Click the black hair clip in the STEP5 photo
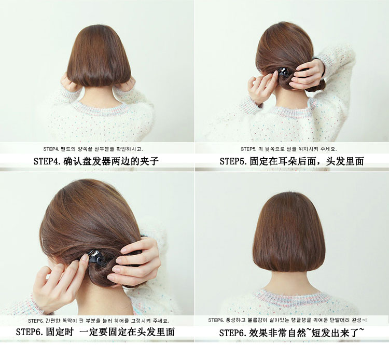284,72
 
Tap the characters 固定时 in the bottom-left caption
60,332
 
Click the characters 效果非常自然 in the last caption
277,333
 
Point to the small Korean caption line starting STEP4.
93,149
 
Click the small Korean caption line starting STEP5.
289,149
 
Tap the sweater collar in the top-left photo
101,107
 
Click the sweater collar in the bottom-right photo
289,299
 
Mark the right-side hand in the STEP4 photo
127,83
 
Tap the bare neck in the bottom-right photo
289,280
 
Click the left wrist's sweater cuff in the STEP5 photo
251,105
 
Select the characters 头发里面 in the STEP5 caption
345,161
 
